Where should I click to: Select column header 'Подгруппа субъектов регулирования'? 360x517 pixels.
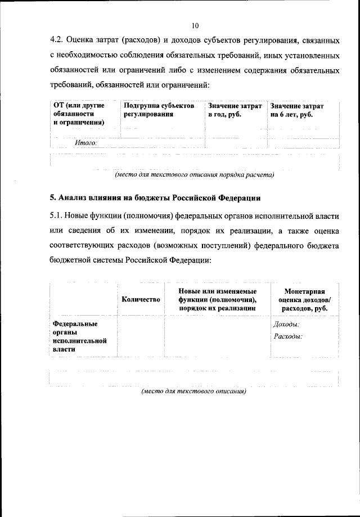pyautogui.click(x=159, y=110)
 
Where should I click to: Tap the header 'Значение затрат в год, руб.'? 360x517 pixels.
pyautogui.click(x=235, y=110)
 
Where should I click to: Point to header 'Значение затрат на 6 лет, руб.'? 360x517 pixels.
pyautogui.click(x=297, y=110)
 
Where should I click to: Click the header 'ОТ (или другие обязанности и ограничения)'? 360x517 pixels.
pyautogui.click(x=79, y=114)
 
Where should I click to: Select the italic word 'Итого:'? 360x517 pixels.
pyautogui.click(x=86, y=143)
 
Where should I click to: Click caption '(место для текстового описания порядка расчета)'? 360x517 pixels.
pyautogui.click(x=194, y=175)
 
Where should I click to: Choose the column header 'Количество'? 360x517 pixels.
pyautogui.click(x=141, y=299)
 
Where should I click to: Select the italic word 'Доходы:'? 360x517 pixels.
pyautogui.click(x=286, y=325)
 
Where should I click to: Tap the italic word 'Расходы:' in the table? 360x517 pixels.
pyautogui.click(x=288, y=336)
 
